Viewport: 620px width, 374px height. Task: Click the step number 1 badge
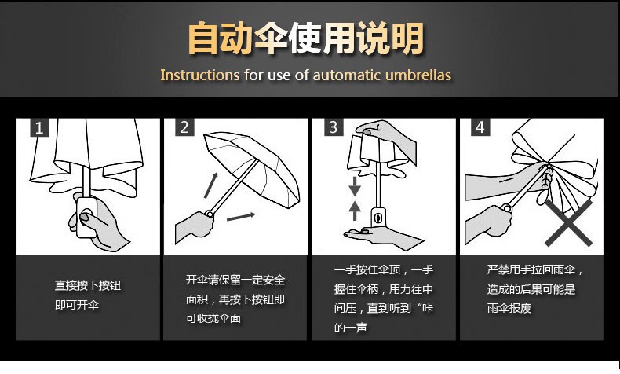(x=39, y=127)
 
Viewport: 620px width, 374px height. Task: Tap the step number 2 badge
(x=184, y=127)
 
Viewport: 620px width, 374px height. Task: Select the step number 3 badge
(x=334, y=127)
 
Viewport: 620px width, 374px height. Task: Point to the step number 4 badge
(x=480, y=127)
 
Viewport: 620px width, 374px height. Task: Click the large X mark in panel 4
(x=568, y=222)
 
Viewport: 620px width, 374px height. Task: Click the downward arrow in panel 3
(x=355, y=186)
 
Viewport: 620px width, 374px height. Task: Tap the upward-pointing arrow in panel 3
(x=355, y=211)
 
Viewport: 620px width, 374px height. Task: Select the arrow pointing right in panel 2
(x=241, y=217)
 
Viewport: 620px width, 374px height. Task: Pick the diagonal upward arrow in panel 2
(x=211, y=185)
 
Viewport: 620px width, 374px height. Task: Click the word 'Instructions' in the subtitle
(x=199, y=75)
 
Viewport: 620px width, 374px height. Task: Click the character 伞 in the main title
(x=272, y=38)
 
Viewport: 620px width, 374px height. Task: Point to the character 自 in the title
(x=202, y=38)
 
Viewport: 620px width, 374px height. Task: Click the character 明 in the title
(x=407, y=38)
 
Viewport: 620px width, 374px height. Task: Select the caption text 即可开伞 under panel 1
(x=77, y=305)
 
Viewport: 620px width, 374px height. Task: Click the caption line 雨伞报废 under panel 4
(x=509, y=308)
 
